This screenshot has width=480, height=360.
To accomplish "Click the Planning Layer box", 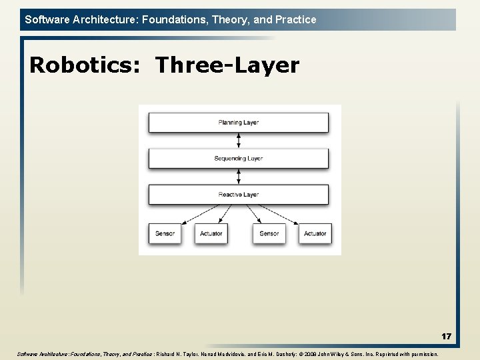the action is tap(238, 123).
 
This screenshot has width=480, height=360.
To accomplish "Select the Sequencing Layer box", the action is tap(238, 159).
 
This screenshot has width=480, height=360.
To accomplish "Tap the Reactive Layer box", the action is tap(238, 195).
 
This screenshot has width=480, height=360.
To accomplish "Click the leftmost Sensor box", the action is tap(165, 233).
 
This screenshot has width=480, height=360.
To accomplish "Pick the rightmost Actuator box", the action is tap(315, 233).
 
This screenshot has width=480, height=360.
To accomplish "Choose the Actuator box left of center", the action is tap(211, 233).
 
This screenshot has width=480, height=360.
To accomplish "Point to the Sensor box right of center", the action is tap(269, 233).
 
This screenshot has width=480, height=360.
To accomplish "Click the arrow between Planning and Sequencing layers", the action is tap(239, 141).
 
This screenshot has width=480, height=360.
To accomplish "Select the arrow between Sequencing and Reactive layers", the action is tap(239, 177).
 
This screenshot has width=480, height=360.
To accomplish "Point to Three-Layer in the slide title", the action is tap(227, 65).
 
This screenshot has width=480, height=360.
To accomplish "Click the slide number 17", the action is tap(446, 337).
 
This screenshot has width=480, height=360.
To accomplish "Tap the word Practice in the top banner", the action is tap(295, 19).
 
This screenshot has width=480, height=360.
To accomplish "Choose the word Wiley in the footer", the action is tap(341, 354).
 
